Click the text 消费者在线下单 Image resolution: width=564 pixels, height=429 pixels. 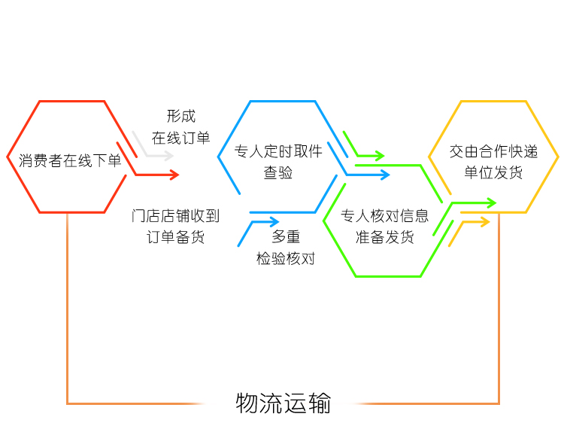(70, 160)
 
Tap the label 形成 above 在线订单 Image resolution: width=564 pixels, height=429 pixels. (181, 116)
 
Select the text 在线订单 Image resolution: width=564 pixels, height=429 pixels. (180, 138)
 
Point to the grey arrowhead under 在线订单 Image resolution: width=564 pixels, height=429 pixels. (169, 156)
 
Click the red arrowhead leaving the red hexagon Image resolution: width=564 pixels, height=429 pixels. (174, 175)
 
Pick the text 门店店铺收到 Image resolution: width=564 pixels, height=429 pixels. (175, 216)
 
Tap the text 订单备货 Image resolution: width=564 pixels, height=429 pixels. (175, 237)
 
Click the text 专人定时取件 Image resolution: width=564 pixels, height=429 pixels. (278, 151)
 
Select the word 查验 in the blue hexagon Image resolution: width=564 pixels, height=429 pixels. (278, 172)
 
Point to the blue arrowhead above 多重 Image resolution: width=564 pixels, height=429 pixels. (274, 222)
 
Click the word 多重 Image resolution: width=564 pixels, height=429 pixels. (286, 237)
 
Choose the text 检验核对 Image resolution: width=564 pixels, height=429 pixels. (286, 258)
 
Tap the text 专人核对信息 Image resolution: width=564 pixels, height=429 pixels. (384, 216)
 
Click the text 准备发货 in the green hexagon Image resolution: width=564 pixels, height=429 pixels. (384, 237)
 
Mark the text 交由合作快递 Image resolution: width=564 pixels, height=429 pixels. (493, 151)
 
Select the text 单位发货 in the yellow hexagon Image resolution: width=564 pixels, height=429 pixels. (493, 172)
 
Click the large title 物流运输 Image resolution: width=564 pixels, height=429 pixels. (283, 403)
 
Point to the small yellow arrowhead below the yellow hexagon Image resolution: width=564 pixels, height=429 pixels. (485, 222)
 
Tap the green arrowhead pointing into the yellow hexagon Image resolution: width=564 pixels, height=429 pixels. (492, 203)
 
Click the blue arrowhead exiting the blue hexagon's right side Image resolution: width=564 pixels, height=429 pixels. (385, 175)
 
